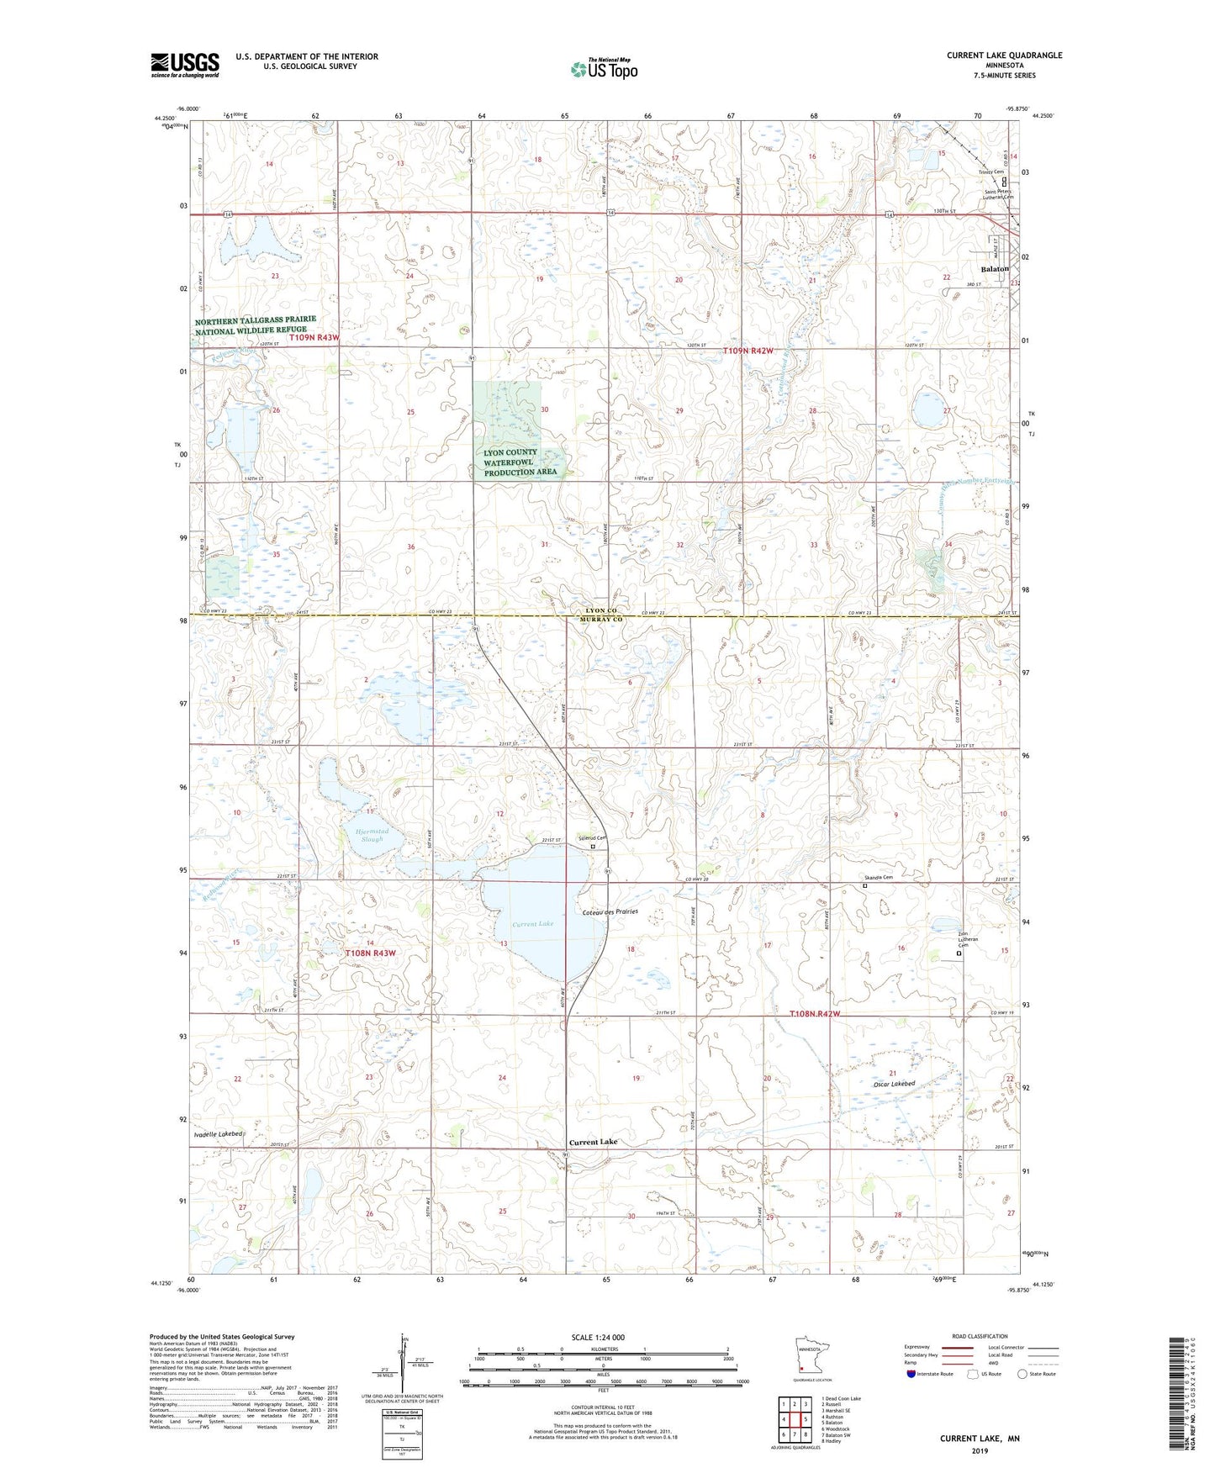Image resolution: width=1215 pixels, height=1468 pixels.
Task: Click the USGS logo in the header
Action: click(x=185, y=65)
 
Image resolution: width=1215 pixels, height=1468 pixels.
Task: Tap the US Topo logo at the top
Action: click(x=603, y=69)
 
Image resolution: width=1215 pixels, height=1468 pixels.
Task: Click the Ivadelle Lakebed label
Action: click(x=218, y=1134)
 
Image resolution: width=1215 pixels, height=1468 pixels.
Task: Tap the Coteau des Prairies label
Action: click(x=610, y=911)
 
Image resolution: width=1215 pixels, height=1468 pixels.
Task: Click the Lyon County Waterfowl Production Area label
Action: click(x=520, y=462)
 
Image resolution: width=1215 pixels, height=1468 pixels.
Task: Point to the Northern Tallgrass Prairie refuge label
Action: click(x=256, y=325)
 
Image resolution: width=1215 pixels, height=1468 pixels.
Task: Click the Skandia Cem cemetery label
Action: click(x=878, y=877)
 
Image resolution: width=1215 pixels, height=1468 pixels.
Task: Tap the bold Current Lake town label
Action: click(x=593, y=1142)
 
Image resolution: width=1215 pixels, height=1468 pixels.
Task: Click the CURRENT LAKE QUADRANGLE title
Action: click(x=1004, y=55)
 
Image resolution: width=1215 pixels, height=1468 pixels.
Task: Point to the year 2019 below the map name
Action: click(x=980, y=1450)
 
